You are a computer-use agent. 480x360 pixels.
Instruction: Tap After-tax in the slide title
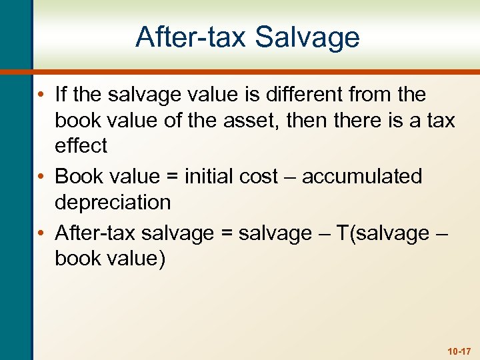coord(189,37)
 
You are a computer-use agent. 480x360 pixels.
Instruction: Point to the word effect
coord(81,146)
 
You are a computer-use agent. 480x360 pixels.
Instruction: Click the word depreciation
coord(113,202)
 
